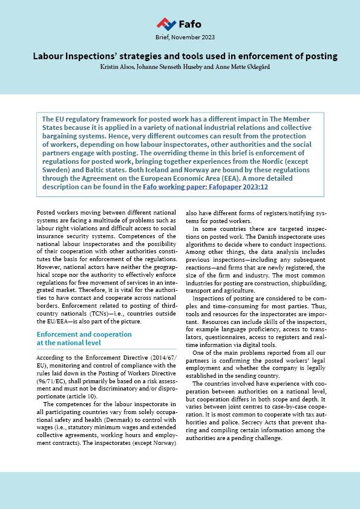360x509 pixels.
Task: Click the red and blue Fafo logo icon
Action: pyautogui.click(x=166, y=24)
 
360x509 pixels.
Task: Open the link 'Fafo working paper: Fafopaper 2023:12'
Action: pyautogui.click(x=205, y=187)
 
